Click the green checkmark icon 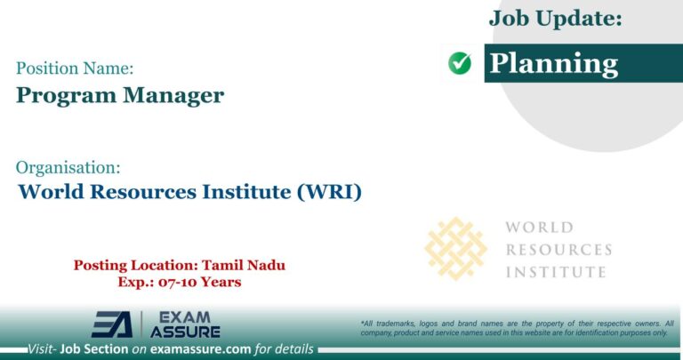[460, 63]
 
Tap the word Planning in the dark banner [554, 63]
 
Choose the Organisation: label [68, 166]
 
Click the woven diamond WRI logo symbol [456, 249]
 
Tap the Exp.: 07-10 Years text [180, 282]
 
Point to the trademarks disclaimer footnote [517, 327]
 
